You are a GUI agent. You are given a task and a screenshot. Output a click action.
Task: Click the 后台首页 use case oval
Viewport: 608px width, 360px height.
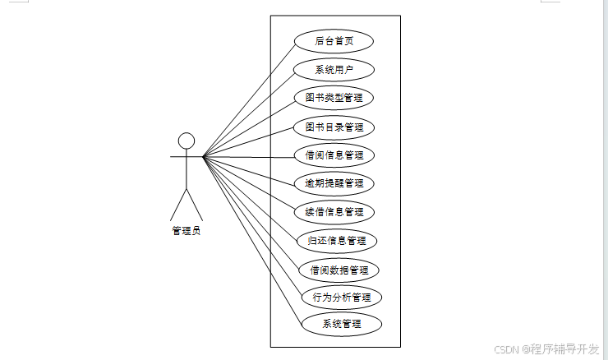pos(334,41)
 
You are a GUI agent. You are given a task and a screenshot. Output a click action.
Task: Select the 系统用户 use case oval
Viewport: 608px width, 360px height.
pos(334,70)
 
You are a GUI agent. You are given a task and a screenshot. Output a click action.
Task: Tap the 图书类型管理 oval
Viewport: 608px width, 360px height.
pos(334,98)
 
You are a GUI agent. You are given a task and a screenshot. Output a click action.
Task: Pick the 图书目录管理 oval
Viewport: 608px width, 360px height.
pos(334,127)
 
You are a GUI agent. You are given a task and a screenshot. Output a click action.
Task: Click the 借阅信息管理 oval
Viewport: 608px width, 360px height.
pos(334,155)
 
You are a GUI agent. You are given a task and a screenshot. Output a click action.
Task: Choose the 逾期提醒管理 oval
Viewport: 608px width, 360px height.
pos(334,182)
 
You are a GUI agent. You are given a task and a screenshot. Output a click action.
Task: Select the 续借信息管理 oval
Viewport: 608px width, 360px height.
pos(334,211)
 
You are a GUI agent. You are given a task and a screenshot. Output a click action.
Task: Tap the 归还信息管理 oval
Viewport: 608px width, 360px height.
pos(337,241)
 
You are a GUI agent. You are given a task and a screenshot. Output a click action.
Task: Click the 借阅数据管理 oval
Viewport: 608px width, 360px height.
pos(339,269)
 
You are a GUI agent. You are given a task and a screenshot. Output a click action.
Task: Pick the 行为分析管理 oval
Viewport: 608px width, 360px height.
pos(342,297)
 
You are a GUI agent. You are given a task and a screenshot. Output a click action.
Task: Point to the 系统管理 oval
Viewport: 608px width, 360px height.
pos(342,324)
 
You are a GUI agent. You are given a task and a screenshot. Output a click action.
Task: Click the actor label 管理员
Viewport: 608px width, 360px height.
pos(187,231)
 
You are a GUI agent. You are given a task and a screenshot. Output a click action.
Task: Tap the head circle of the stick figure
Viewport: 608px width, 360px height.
pos(187,141)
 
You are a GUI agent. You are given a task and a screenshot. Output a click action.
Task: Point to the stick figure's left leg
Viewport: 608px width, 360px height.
pos(178,205)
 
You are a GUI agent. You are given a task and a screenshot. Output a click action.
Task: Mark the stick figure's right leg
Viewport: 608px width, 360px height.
pos(195,205)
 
